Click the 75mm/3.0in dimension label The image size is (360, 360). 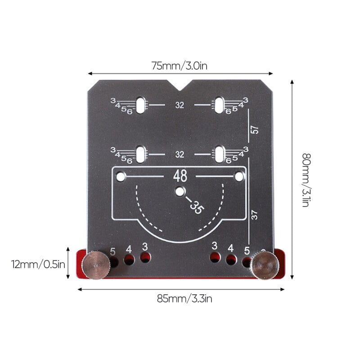pyautogui.click(x=179, y=66)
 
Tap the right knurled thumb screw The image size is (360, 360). pyautogui.click(x=264, y=265)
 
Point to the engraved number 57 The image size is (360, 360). pyautogui.click(x=255, y=129)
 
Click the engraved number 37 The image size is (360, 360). pyautogui.click(x=255, y=216)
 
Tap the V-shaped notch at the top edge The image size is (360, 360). pyautogui.click(x=180, y=85)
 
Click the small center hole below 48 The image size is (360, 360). pyautogui.click(x=180, y=191)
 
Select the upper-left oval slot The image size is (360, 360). pyautogui.click(x=141, y=105)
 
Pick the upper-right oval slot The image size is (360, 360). pyautogui.click(x=219, y=105)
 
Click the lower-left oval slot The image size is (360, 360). pyautogui.click(x=141, y=154)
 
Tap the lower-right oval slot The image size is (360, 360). pyautogui.click(x=219, y=154)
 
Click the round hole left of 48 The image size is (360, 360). pyautogui.click(x=121, y=177)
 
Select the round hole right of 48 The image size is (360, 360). pyautogui.click(x=239, y=177)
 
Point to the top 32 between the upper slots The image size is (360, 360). pyautogui.click(x=180, y=105)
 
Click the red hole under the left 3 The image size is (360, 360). pyautogui.click(x=145, y=257)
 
